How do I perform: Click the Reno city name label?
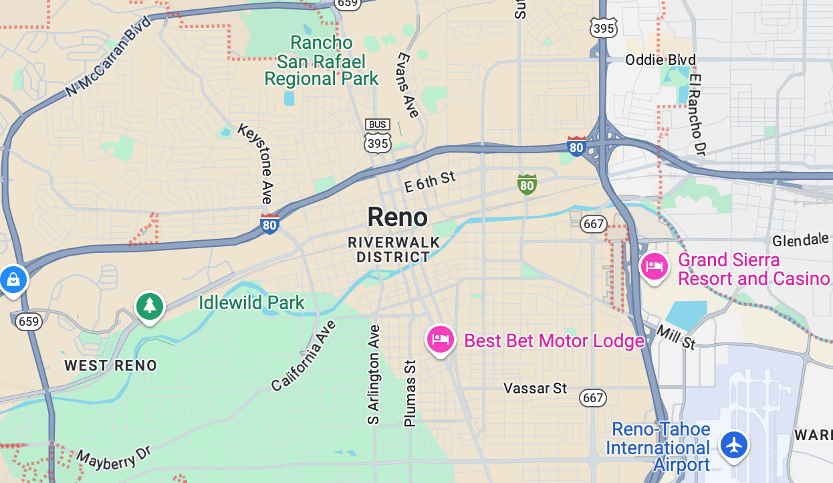(x=397, y=217)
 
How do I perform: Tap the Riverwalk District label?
(x=394, y=250)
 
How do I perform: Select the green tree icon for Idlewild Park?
(x=150, y=306)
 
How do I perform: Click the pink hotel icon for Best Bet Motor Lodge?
(x=440, y=339)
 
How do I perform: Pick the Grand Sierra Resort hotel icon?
(x=654, y=267)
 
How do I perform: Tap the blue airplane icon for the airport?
(x=734, y=445)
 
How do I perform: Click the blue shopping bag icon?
(x=13, y=280)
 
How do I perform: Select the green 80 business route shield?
(x=527, y=184)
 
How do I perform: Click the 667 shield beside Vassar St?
(x=592, y=397)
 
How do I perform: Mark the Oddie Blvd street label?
(x=660, y=60)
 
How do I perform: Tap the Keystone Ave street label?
(x=257, y=163)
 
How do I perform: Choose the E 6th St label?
(x=430, y=181)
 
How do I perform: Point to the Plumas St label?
(x=410, y=393)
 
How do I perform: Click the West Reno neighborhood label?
(x=110, y=365)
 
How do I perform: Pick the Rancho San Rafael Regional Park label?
(x=322, y=61)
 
